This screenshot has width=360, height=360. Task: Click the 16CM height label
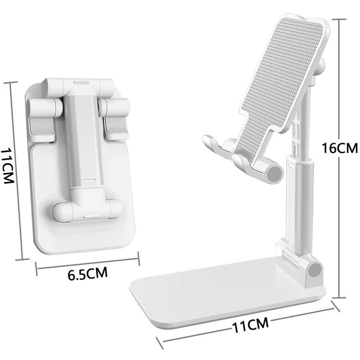[x=340, y=148]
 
